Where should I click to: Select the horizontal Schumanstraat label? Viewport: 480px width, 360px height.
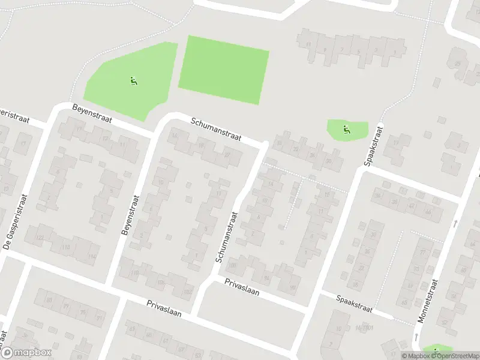(x=216, y=129)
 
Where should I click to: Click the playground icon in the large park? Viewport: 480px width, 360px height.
(x=133, y=81)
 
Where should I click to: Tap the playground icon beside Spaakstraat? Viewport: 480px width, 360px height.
(x=346, y=128)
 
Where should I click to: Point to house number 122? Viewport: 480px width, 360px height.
(x=40, y=238)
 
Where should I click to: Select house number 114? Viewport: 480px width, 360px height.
(x=92, y=256)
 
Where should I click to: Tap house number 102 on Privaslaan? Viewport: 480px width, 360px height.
(x=187, y=292)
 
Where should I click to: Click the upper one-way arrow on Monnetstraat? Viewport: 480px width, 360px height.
(x=455, y=224)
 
